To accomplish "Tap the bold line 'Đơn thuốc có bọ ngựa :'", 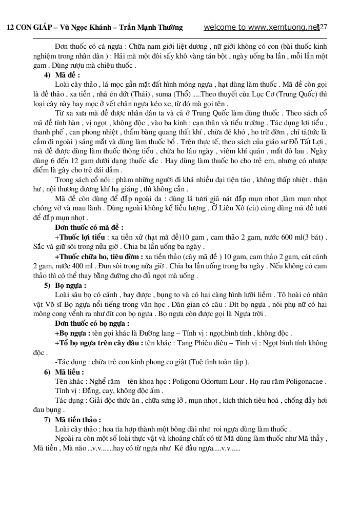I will click(92, 324).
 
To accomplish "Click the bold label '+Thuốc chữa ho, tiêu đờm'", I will click(99, 256).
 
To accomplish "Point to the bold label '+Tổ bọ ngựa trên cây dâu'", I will click(99, 343).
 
